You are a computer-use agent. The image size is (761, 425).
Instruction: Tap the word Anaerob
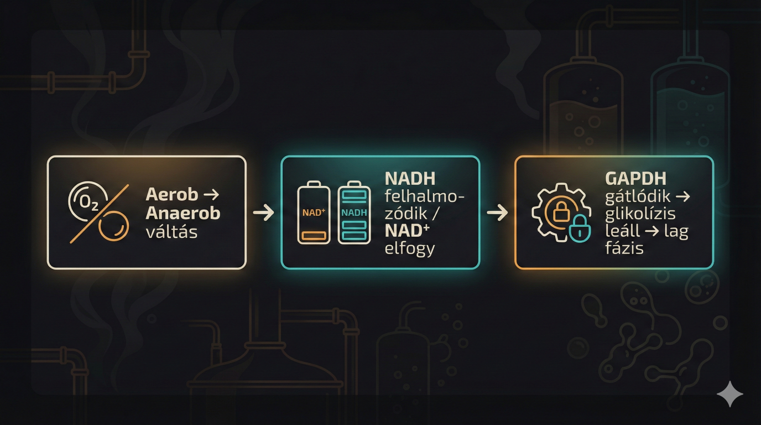tap(183, 213)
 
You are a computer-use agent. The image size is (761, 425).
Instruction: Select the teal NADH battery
tap(354, 212)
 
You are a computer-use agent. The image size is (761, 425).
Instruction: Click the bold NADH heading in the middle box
tap(410, 178)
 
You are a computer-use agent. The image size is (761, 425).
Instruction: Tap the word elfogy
tap(410, 248)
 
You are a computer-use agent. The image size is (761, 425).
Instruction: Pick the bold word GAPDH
tap(635, 178)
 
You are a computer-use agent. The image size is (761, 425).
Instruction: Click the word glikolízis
tap(640, 214)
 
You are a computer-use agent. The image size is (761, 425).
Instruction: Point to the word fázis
tap(624, 248)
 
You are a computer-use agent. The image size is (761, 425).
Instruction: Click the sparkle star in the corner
tap(729, 393)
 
